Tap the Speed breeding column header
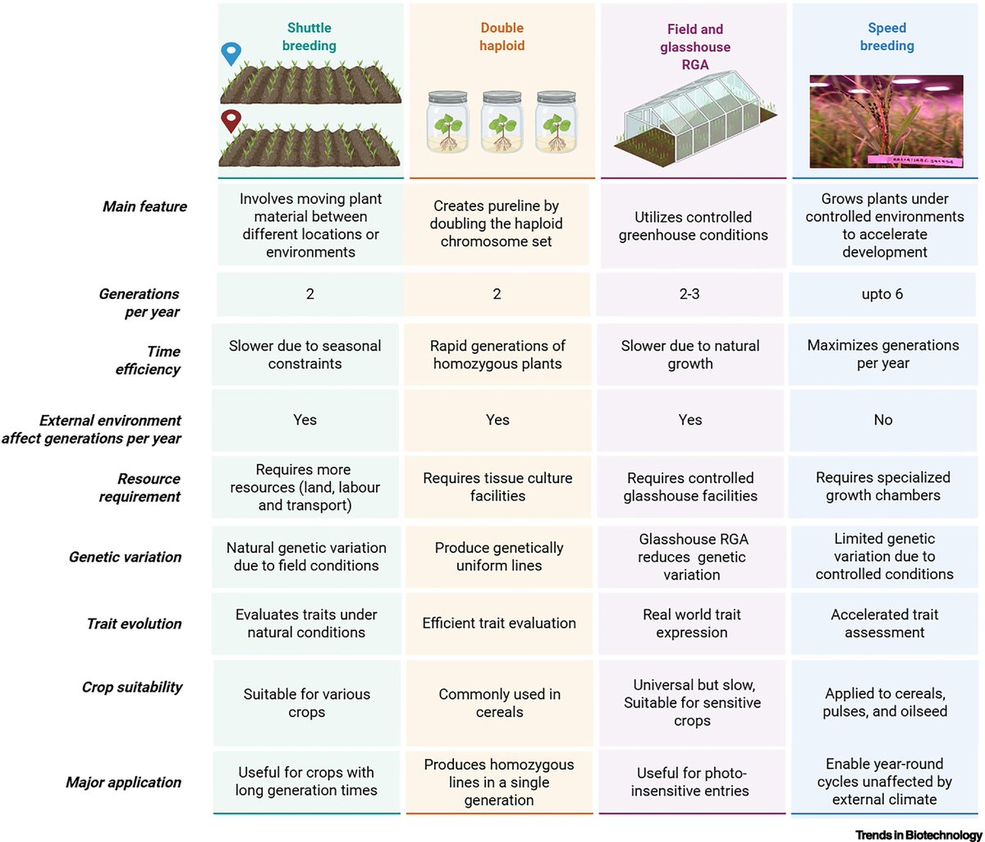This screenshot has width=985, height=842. tap(886, 37)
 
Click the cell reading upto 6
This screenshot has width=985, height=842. tap(883, 294)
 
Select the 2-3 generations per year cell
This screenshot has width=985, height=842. tap(690, 294)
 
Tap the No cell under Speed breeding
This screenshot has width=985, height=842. tap(883, 420)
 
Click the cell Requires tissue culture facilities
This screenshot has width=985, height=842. tap(497, 486)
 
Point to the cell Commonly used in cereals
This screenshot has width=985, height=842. tap(499, 703)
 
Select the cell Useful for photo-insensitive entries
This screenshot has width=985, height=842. tap(691, 782)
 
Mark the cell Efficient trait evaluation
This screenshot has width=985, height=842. tap(499, 623)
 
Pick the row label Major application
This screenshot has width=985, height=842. tap(123, 783)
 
